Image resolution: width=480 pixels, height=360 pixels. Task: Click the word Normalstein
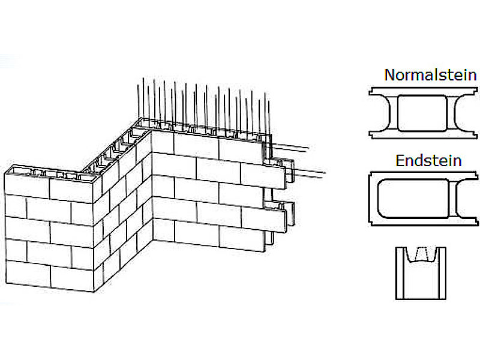point(430,76)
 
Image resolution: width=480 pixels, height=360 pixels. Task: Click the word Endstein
point(428,161)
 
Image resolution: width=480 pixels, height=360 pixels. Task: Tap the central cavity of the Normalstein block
point(422,113)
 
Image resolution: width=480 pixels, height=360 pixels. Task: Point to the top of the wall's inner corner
point(151,133)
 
